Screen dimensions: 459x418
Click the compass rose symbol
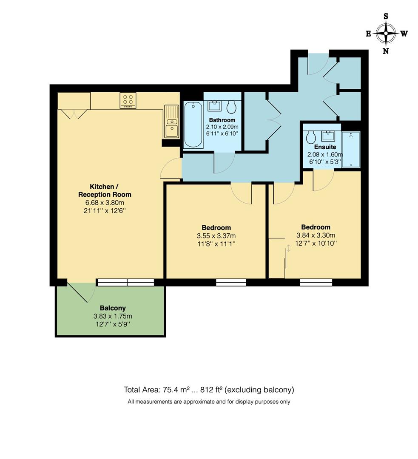point(386,34)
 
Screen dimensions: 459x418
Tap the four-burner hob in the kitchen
point(128,100)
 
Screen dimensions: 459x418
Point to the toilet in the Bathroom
point(232,107)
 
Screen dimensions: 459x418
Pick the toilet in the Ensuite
point(311,137)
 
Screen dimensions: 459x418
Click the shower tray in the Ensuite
point(351,149)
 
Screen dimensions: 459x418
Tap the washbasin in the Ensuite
point(328,136)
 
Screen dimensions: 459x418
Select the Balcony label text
point(113,308)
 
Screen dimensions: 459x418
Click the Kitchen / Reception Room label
point(105,190)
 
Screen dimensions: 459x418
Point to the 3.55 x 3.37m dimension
point(216,236)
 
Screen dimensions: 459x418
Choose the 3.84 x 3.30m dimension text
point(316,235)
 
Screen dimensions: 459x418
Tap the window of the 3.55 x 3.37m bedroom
point(231,282)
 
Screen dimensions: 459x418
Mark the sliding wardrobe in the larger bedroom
point(277,258)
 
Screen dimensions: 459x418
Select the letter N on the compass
point(386,51)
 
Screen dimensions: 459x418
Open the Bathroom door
point(224,163)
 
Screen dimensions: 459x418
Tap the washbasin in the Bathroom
point(215,106)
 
